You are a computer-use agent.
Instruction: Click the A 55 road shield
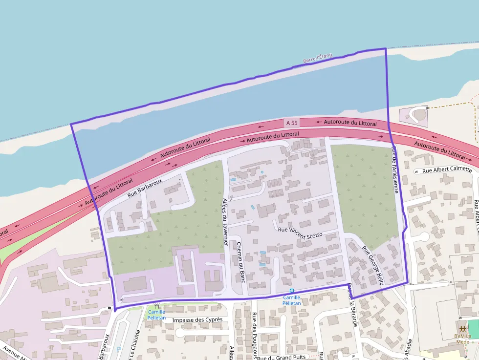(292, 122)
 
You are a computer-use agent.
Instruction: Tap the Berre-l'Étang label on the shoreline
(317, 58)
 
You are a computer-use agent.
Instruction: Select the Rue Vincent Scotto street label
(300, 232)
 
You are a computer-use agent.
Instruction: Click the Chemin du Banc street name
(240, 263)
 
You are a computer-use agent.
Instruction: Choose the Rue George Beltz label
(372, 265)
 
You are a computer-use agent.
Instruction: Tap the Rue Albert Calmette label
(447, 170)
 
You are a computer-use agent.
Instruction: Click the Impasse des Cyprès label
(197, 319)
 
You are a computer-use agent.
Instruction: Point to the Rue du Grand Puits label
(282, 357)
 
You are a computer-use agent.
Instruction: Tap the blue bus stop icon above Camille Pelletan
(292, 291)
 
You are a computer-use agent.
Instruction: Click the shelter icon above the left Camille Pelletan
(156, 306)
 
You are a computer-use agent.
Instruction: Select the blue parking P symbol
(119, 349)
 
